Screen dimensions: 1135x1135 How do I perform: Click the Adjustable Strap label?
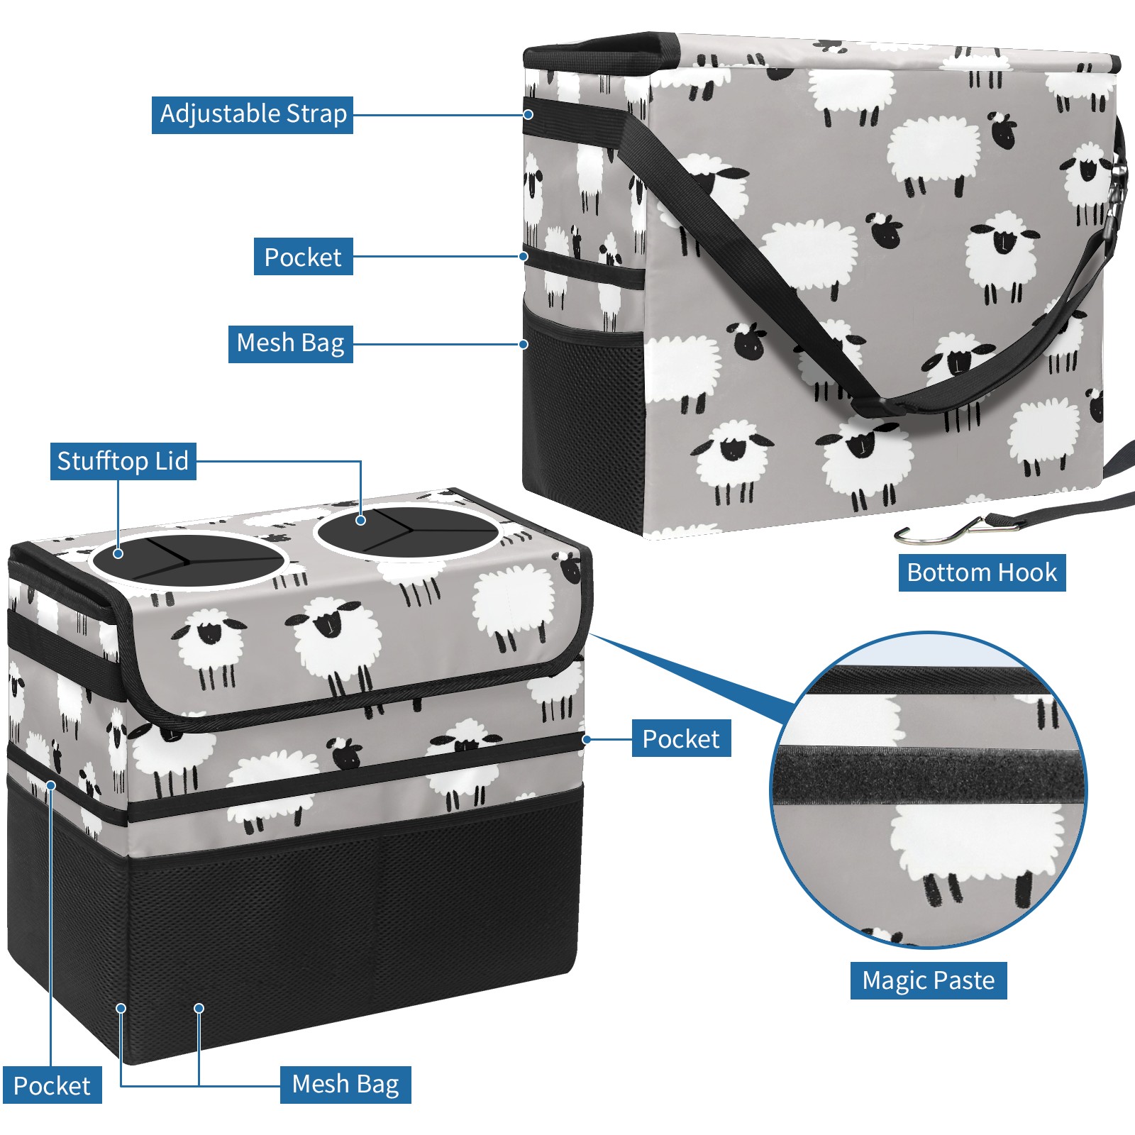click(x=253, y=114)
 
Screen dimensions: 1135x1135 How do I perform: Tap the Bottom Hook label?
click(x=982, y=572)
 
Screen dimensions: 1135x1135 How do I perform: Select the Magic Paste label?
click(x=929, y=980)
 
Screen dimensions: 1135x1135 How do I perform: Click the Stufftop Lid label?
click(x=123, y=461)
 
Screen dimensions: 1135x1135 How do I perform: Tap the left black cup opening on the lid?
click(x=189, y=560)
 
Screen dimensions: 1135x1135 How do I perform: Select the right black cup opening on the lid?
click(x=407, y=531)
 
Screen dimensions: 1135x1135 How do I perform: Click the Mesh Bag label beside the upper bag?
click(x=291, y=344)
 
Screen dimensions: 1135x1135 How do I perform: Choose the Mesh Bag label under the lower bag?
click(x=345, y=1085)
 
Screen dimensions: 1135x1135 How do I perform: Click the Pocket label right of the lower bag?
click(x=681, y=738)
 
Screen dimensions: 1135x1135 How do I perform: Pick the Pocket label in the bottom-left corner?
click(x=52, y=1085)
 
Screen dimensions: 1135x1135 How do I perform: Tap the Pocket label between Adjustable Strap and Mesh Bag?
click(x=303, y=257)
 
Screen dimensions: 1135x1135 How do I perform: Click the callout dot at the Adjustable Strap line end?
click(x=528, y=114)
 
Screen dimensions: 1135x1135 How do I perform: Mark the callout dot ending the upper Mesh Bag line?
click(x=524, y=344)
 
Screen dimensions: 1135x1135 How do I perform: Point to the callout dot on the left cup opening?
click(x=118, y=553)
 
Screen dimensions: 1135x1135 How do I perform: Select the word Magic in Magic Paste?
click(x=892, y=981)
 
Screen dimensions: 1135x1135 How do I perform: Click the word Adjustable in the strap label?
click(x=220, y=114)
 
